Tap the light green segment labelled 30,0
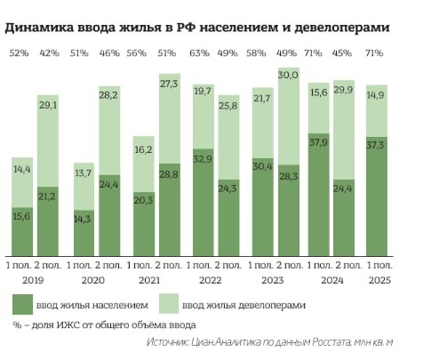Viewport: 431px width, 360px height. pos(287,116)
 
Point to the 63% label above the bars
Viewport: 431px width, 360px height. pos(200,53)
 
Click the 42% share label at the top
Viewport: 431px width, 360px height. pos(49,53)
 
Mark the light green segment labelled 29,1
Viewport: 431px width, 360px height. pos(49,133)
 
